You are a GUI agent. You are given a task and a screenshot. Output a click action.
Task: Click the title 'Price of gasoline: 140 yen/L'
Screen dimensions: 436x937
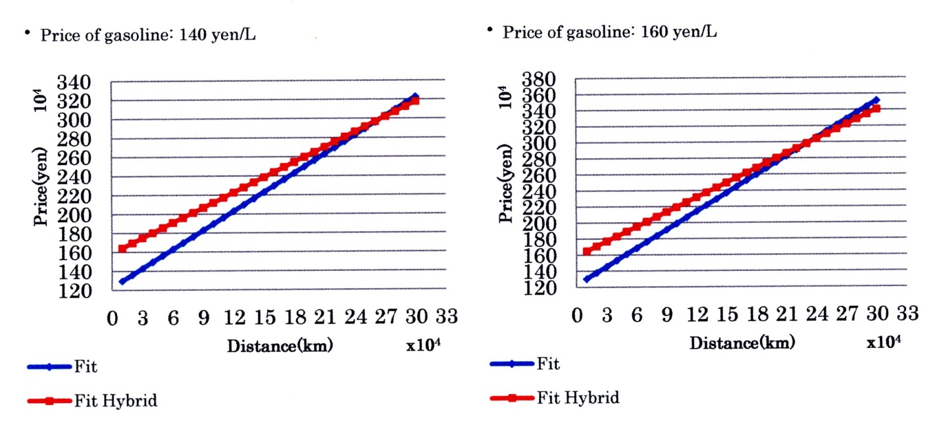coord(147,36)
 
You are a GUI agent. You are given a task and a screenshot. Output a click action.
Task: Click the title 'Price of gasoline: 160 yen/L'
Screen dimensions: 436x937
coord(609,32)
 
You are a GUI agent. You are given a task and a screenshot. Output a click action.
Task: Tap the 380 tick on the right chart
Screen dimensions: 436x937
coord(540,80)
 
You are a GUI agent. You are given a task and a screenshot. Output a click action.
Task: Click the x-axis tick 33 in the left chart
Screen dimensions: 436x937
coord(446,318)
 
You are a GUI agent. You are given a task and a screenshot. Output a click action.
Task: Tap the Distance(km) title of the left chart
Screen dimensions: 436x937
coord(280,347)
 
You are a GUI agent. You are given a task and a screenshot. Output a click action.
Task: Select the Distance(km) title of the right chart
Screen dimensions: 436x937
coord(742,343)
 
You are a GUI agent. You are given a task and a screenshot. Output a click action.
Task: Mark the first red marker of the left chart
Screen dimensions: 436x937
coord(122,249)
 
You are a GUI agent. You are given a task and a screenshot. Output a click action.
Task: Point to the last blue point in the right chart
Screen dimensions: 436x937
coord(876,101)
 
